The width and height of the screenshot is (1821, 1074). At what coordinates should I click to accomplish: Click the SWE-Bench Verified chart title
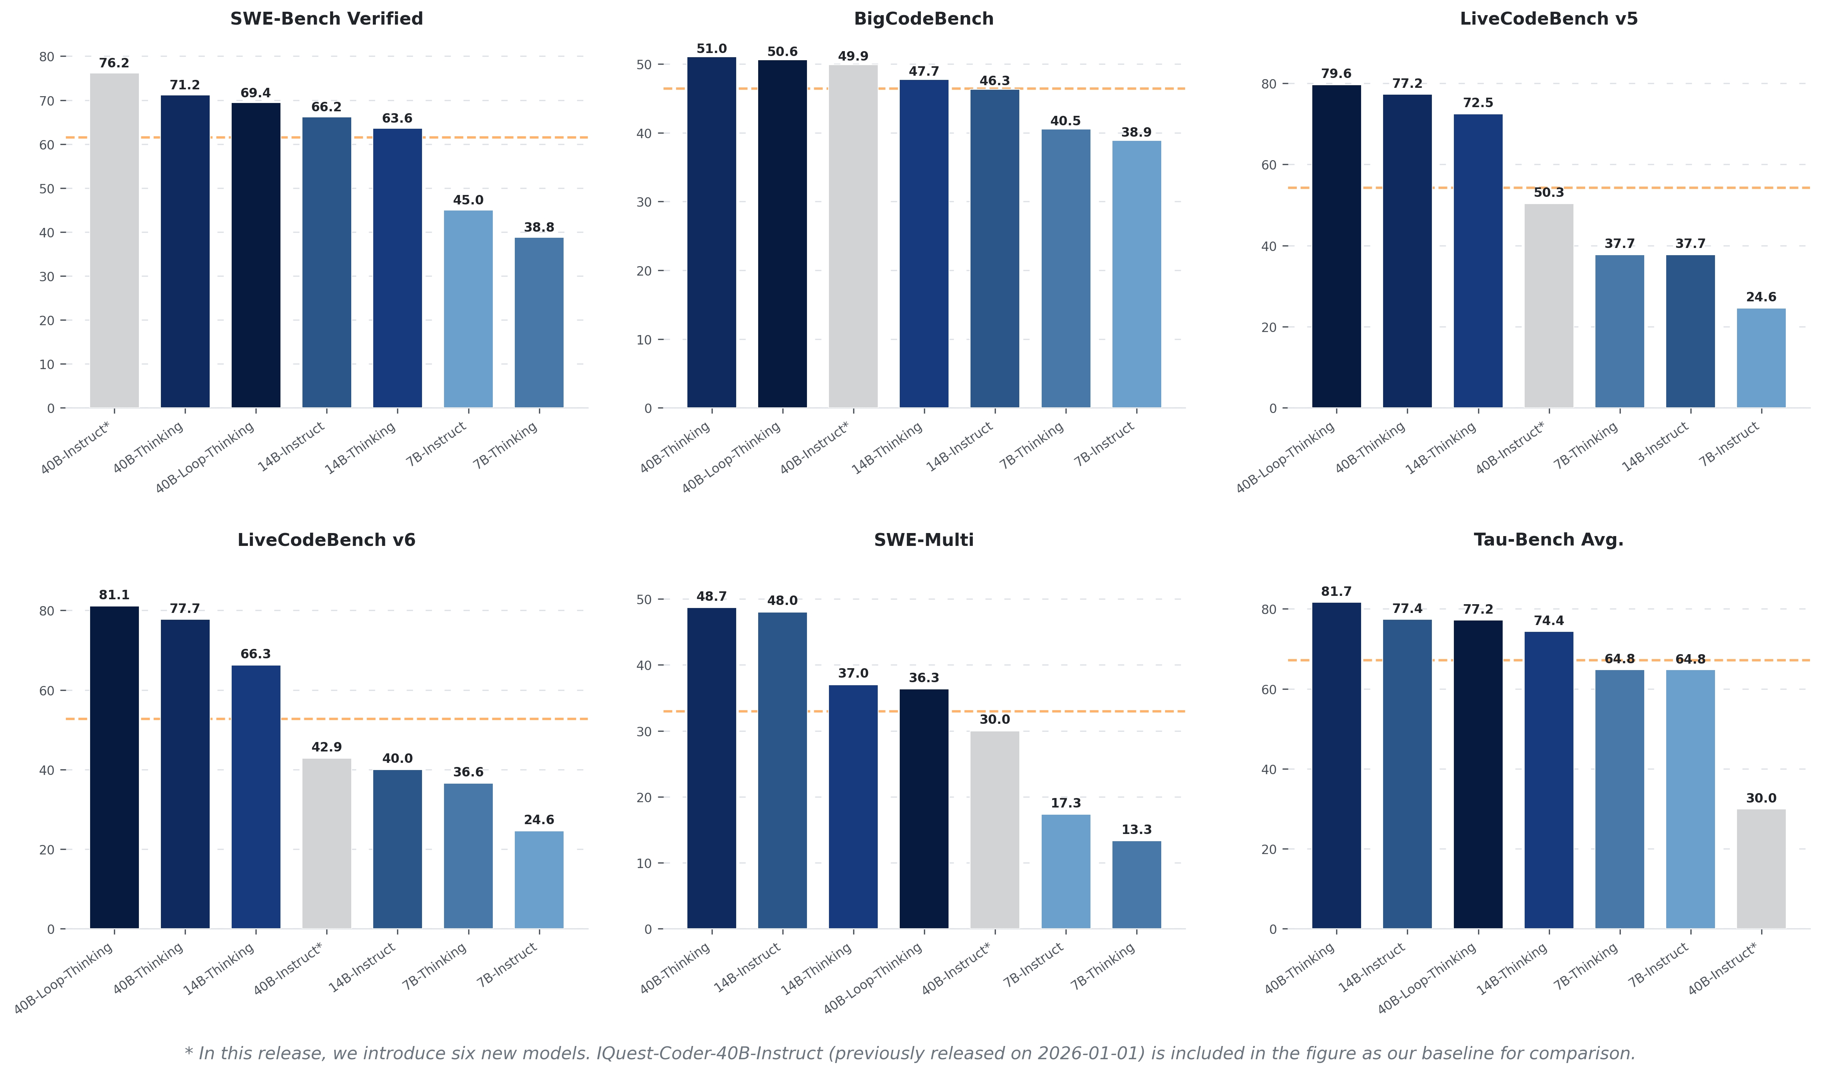pos(326,19)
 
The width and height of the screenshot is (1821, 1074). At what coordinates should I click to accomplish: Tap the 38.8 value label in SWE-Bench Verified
pos(539,227)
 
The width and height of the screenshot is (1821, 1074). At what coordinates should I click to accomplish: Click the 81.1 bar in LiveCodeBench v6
pos(114,767)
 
